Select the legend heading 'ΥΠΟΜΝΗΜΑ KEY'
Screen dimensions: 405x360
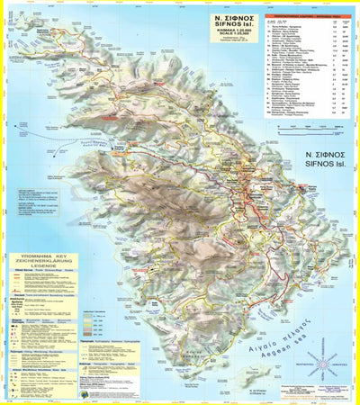click(41, 255)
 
